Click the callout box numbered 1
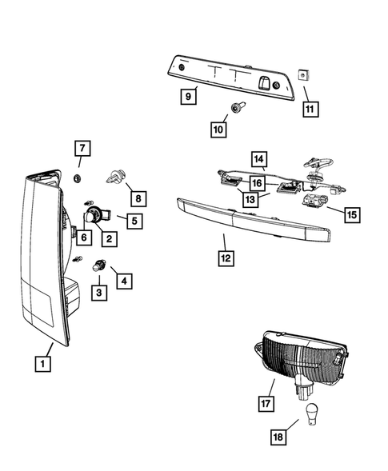[x=42, y=364]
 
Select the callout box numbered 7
[x=82, y=148]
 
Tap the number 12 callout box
[x=226, y=258]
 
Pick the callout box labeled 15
[x=352, y=214]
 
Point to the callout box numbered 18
[x=278, y=437]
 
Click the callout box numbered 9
[x=189, y=97]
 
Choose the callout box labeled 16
[x=258, y=182]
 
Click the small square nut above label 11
[x=304, y=75]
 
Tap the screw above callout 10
[x=238, y=107]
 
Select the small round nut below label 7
[x=78, y=178]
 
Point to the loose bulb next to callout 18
[x=311, y=414]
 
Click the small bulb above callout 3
[x=98, y=266]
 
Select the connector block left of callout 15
[x=315, y=201]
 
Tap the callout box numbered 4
[x=125, y=281]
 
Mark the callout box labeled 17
[x=266, y=403]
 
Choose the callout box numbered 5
[x=134, y=221]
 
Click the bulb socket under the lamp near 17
[x=303, y=387]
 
